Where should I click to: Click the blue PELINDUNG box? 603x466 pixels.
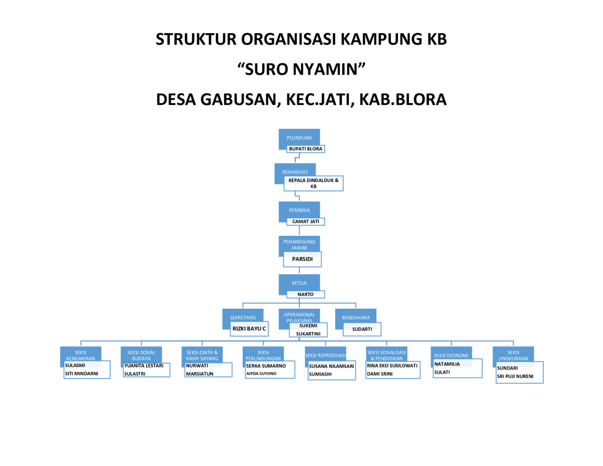pyautogui.click(x=299, y=137)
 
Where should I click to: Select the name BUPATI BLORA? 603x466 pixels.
pyautogui.click(x=306, y=149)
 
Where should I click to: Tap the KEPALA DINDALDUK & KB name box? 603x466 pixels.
pyautogui.click(x=314, y=183)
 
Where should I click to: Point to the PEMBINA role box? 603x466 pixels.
pyautogui.click(x=299, y=210)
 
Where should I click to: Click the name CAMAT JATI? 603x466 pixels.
pyautogui.click(x=306, y=221)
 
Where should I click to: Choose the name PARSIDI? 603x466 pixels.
pyautogui.click(x=303, y=259)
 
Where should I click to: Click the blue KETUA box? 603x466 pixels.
pyautogui.click(x=299, y=283)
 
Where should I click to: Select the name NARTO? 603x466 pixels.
pyautogui.click(x=306, y=295)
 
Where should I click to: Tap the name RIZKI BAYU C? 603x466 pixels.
pyautogui.click(x=249, y=329)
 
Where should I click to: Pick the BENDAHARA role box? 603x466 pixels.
pyautogui.click(x=356, y=317)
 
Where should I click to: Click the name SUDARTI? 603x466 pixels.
pyautogui.click(x=362, y=329)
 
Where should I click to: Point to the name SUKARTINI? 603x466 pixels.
pyautogui.click(x=308, y=333)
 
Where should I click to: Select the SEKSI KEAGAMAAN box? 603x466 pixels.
pyautogui.click(x=80, y=354)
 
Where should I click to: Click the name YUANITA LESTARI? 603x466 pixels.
pyautogui.click(x=144, y=366)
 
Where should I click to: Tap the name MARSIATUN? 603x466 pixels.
pyautogui.click(x=199, y=374)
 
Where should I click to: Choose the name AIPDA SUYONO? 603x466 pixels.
pyautogui.click(x=261, y=374)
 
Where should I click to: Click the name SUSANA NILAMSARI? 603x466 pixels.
pyautogui.click(x=331, y=366)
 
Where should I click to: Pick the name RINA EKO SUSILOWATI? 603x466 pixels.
pyautogui.click(x=392, y=366)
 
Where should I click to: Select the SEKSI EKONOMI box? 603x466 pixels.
pyautogui.click(x=451, y=355)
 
